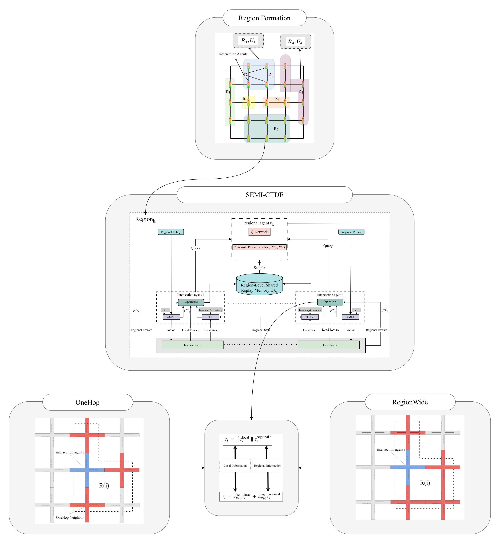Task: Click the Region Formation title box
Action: [x=264, y=18]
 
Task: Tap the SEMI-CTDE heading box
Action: [x=264, y=195]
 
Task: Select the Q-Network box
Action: [x=259, y=232]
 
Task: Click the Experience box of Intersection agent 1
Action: [x=191, y=302]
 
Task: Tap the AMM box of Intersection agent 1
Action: [x=171, y=317]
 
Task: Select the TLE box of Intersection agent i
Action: [x=310, y=317]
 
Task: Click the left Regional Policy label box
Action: [x=171, y=232]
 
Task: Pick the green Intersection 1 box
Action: [x=192, y=345]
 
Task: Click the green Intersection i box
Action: [x=329, y=345]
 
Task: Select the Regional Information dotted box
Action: [x=268, y=466]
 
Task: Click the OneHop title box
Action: [x=87, y=402]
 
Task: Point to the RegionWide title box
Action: [x=410, y=402]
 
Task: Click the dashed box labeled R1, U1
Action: [x=248, y=41]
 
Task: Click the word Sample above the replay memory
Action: [x=259, y=268]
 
